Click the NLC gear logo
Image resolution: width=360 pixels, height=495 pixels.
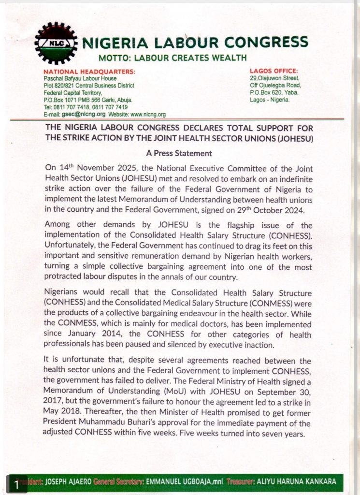(x=56, y=43)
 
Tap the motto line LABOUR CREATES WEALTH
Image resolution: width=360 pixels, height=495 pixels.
(x=173, y=58)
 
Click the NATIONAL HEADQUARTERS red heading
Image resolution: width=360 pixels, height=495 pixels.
(x=89, y=72)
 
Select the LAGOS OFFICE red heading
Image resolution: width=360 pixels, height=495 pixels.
(x=274, y=71)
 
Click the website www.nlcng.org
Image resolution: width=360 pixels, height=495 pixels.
(x=148, y=115)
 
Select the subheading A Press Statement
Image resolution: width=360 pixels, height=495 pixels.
(x=179, y=153)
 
